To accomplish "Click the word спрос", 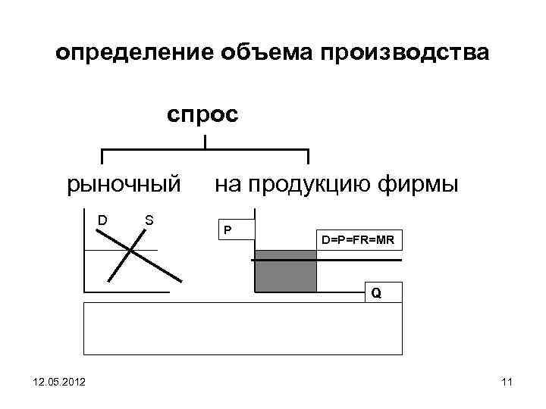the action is (202, 115).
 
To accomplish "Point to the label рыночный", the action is (124, 184).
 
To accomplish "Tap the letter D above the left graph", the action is (101, 220).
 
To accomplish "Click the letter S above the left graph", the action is (149, 220).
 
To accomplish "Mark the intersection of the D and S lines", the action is (132, 249).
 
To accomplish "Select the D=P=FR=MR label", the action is (357, 241).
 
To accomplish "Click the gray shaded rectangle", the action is (285, 270).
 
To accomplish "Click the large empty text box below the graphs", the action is (243, 329).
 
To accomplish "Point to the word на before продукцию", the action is (227, 184).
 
